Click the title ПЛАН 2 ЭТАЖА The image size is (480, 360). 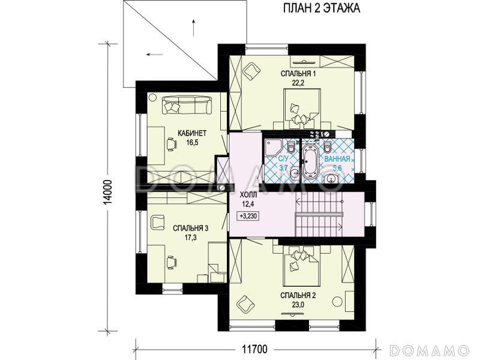tap(321, 8)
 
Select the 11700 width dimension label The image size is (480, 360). tap(254, 349)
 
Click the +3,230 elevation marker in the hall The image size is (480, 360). tap(249, 216)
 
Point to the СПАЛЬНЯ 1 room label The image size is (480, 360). tap(298, 73)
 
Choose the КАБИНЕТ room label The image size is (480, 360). tap(192, 133)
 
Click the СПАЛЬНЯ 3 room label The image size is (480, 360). tap(190, 229)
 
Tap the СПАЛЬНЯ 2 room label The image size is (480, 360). tap(298, 295)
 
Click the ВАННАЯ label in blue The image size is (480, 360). tap(337, 159)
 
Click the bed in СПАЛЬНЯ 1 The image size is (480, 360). tap(302, 108)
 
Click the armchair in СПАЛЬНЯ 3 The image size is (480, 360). tap(158, 221)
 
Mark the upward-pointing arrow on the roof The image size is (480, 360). tap(193, 28)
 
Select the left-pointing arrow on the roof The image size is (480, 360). tap(154, 55)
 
